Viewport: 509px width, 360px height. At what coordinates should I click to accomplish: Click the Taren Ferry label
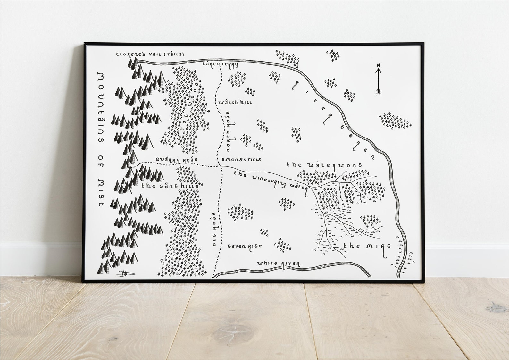[x=220, y=64]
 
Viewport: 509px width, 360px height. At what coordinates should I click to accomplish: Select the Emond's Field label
[x=241, y=159]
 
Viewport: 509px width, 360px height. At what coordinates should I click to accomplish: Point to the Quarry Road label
[x=174, y=159]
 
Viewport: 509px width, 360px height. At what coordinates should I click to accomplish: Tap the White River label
[x=279, y=264]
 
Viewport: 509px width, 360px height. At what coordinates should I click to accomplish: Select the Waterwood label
[x=324, y=165]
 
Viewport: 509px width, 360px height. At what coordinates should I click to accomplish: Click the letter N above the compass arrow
[x=378, y=66]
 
